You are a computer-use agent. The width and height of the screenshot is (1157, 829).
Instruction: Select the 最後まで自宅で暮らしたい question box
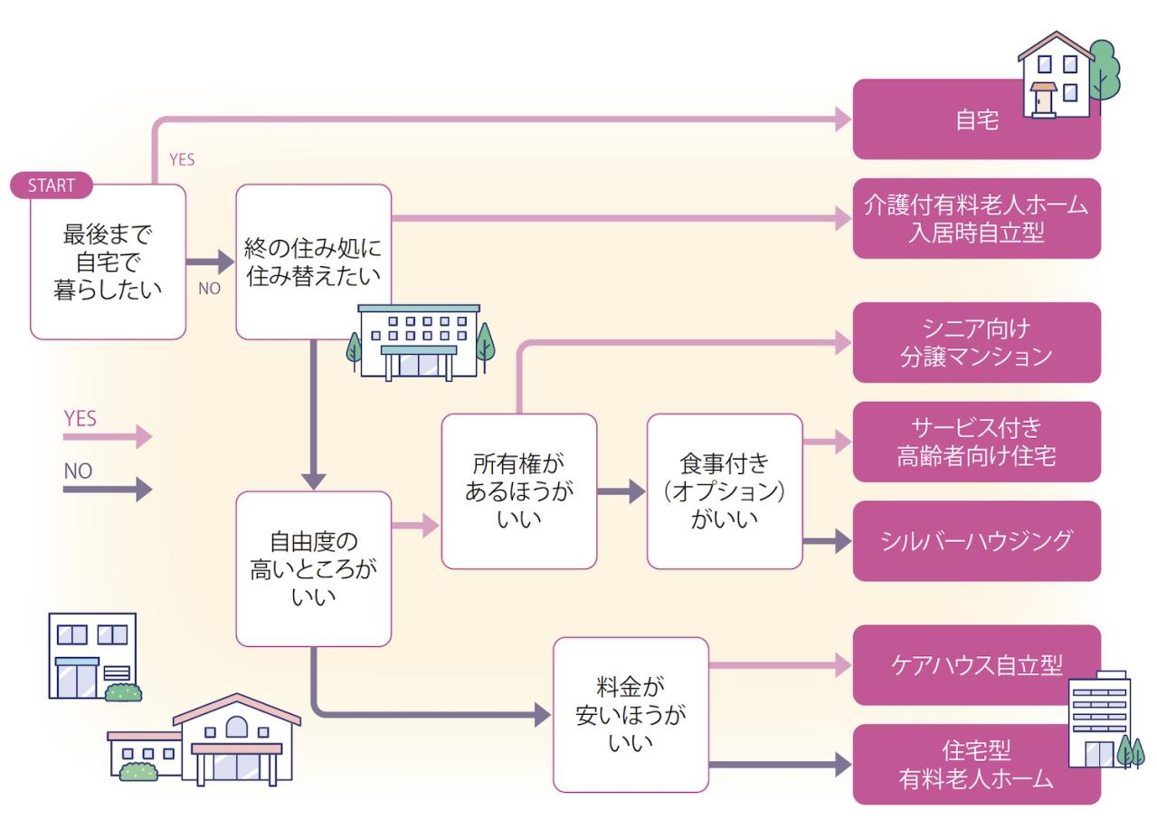pyautogui.click(x=109, y=262)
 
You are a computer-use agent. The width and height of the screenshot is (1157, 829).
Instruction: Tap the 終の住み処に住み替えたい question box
pyautogui.click(x=313, y=262)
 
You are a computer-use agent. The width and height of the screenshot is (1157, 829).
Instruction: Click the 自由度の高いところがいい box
pyautogui.click(x=313, y=568)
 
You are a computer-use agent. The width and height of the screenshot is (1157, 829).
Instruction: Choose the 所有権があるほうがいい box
pyautogui.click(x=518, y=491)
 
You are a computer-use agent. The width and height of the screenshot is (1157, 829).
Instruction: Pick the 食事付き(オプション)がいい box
pyautogui.click(x=725, y=491)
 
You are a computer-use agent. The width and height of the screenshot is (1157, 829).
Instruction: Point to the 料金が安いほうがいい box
pyautogui.click(x=631, y=714)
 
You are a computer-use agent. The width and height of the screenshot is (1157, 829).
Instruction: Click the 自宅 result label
pyautogui.click(x=977, y=119)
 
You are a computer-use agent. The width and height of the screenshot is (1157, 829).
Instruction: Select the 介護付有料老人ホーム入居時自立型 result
pyautogui.click(x=976, y=218)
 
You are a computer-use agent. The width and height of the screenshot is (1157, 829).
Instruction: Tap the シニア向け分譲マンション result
pyautogui.click(x=976, y=342)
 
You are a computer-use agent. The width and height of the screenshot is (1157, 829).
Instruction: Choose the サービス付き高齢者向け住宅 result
pyautogui.click(x=976, y=442)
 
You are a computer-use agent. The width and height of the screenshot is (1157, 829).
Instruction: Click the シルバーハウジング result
pyautogui.click(x=976, y=541)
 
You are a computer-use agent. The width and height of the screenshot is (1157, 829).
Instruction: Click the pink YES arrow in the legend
pyautogui.click(x=107, y=437)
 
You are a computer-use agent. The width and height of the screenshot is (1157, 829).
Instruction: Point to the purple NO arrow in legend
pyautogui.click(x=107, y=490)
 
